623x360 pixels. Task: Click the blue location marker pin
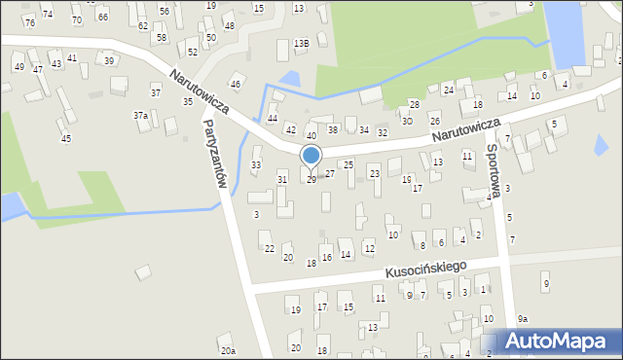tap(311, 157)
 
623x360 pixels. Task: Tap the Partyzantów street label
tap(216, 155)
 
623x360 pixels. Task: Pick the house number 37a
tap(141, 116)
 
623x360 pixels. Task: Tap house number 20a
tap(228, 350)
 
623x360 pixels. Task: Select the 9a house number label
tap(523, 319)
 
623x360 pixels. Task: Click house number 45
tap(65, 139)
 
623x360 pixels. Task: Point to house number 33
tap(256, 165)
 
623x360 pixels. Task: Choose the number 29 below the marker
tap(311, 180)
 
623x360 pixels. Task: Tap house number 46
tap(235, 86)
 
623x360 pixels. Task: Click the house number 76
tap(30, 22)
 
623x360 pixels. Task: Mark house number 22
tap(269, 249)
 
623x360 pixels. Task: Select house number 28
tap(414, 104)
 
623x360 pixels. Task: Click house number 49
tap(18, 67)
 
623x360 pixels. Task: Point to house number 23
tap(375, 173)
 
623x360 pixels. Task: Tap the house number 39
tap(110, 60)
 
